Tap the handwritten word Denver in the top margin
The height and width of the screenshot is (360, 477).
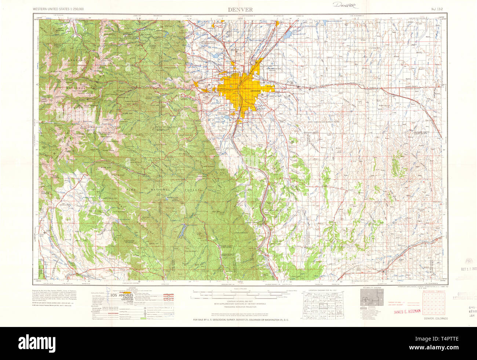(346, 6)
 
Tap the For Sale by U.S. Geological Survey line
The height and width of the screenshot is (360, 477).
(241, 320)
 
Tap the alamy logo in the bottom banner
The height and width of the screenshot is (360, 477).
(238, 343)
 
